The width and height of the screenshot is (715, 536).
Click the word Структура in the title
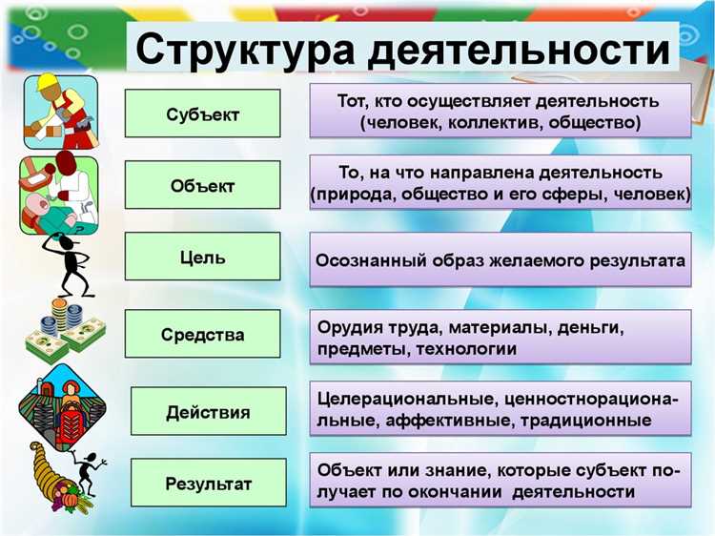243,48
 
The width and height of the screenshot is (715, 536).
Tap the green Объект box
202,185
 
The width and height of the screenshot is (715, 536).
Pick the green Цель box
202,257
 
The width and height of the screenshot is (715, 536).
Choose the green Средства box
202,335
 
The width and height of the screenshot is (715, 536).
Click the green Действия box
208,412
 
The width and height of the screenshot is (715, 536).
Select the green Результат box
208,484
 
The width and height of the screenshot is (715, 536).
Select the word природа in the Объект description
349,195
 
